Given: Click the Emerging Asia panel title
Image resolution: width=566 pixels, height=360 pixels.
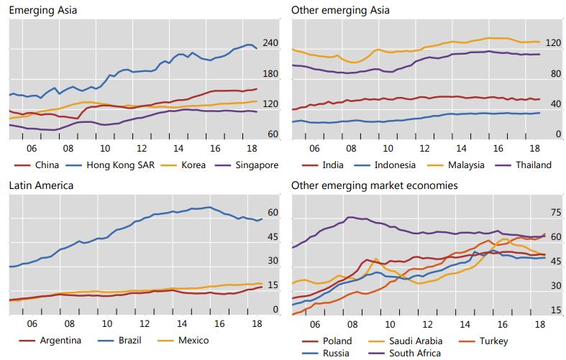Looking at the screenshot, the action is click(43, 10).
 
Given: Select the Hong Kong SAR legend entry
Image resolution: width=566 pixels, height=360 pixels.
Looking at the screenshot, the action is click(110, 165).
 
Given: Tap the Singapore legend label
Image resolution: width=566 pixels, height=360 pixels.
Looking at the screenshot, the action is click(247, 165).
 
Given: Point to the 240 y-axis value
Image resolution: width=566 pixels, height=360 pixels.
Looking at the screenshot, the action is click(270, 43).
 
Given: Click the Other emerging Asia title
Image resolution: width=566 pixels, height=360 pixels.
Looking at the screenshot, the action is click(340, 10).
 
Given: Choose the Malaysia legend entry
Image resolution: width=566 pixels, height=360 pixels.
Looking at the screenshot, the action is click(455, 165).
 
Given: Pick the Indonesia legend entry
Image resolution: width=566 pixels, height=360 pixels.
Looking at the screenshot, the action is click(385, 165).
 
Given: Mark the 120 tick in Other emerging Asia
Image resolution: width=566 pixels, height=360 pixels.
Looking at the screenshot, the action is click(553, 43).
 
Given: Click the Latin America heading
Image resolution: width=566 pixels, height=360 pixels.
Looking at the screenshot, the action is click(41, 185).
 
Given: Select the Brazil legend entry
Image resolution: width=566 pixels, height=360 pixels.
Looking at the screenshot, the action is click(119, 341).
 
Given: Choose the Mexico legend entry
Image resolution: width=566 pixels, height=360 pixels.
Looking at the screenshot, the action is click(183, 341).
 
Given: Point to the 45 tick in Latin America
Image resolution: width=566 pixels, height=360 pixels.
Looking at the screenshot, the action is click(273, 237).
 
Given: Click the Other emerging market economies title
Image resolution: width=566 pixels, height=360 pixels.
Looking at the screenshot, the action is click(374, 185).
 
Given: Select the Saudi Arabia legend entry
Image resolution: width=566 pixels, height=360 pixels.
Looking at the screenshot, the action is click(406, 341).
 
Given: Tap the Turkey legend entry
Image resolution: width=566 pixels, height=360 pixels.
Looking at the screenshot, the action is click(483, 341).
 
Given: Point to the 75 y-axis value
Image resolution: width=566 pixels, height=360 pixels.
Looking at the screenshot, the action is click(556, 213).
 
